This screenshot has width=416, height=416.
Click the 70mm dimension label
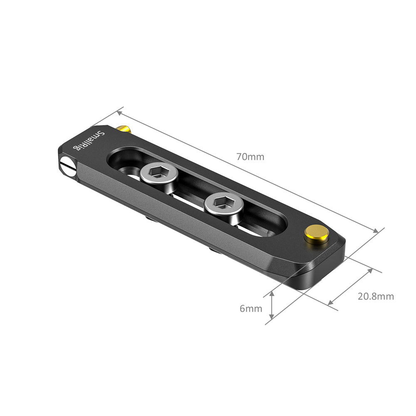point(250,157)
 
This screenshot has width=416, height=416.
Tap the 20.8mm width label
point(375,297)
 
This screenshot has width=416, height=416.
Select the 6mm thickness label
point(250,308)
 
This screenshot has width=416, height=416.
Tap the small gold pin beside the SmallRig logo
point(124,129)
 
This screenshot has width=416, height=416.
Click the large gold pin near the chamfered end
point(316,234)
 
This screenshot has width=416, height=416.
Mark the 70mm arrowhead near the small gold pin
point(120,111)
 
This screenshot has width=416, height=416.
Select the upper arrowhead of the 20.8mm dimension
point(369,271)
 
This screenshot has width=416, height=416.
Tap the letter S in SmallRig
point(99,134)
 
